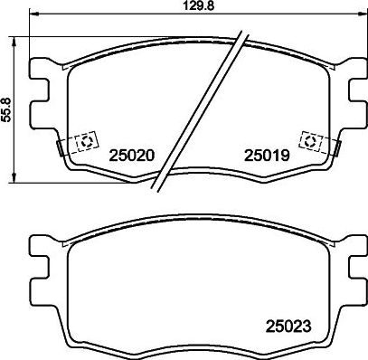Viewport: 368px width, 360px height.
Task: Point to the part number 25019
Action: [x=265, y=156]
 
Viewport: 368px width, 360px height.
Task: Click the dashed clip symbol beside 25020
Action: [x=86, y=143]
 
